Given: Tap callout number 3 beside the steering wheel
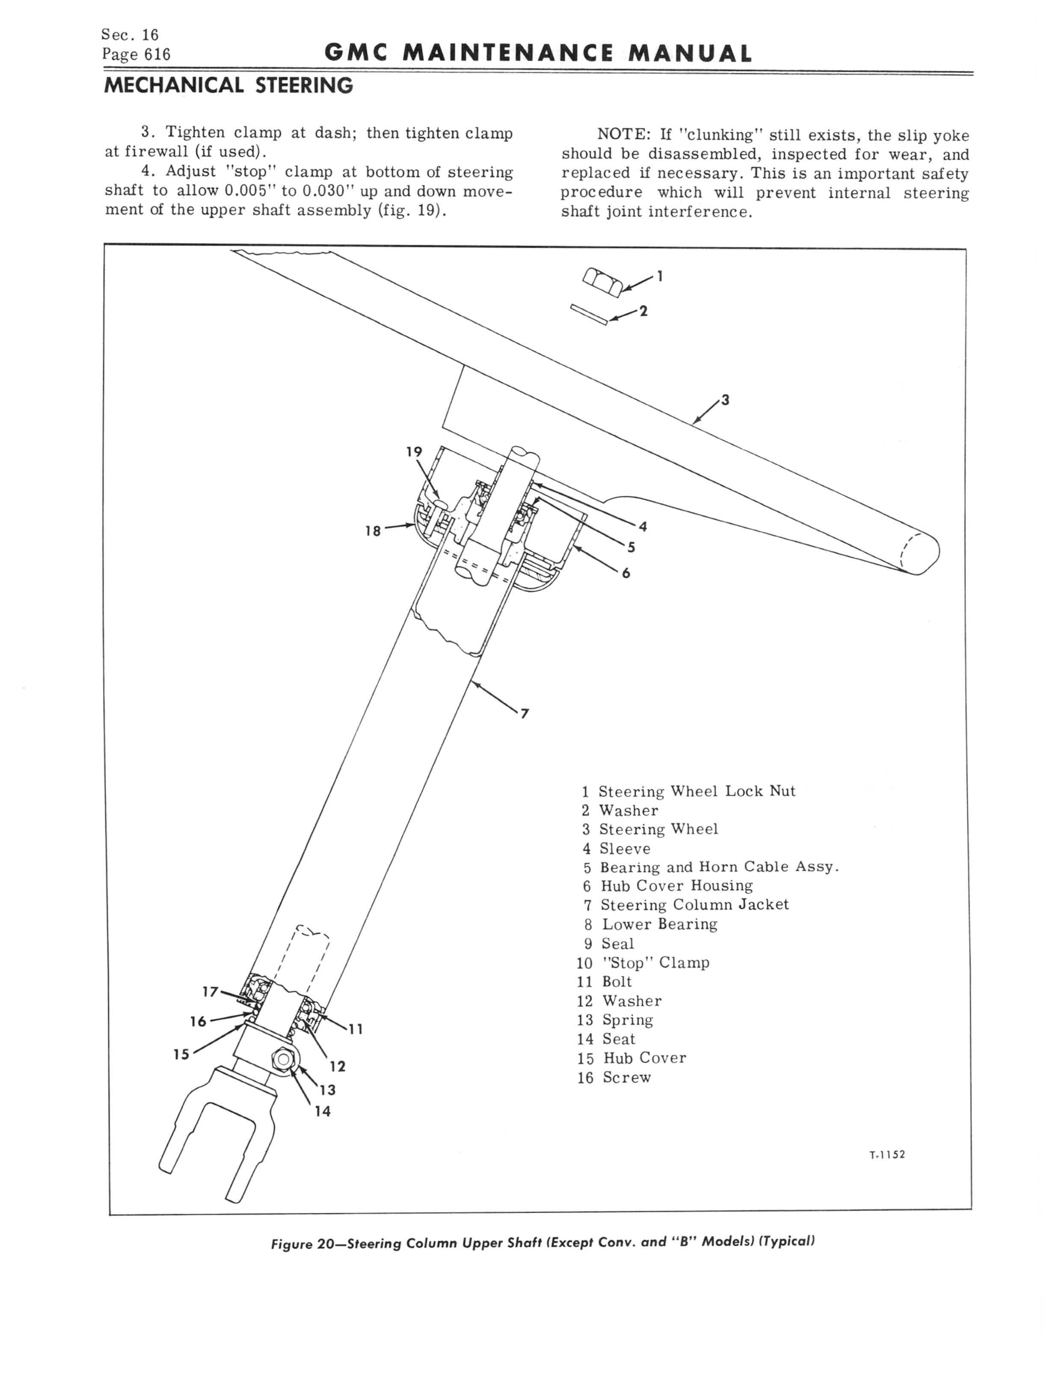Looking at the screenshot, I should pos(726,400).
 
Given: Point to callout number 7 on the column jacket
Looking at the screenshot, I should pos(524,714).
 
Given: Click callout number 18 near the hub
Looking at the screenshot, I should pos(373,531).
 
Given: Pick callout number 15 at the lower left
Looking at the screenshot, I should pos(181,1054).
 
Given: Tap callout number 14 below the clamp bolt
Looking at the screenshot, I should pos(323,1111).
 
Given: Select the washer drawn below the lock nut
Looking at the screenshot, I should pos(589,315).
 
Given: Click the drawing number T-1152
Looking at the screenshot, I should pos(887,1155).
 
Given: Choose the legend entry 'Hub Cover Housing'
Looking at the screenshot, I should pos(676,886).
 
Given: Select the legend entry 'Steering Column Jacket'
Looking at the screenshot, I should pos(694,905).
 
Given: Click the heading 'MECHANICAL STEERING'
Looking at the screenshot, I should pos(228,85).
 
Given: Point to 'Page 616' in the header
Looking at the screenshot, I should pos(136,54).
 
